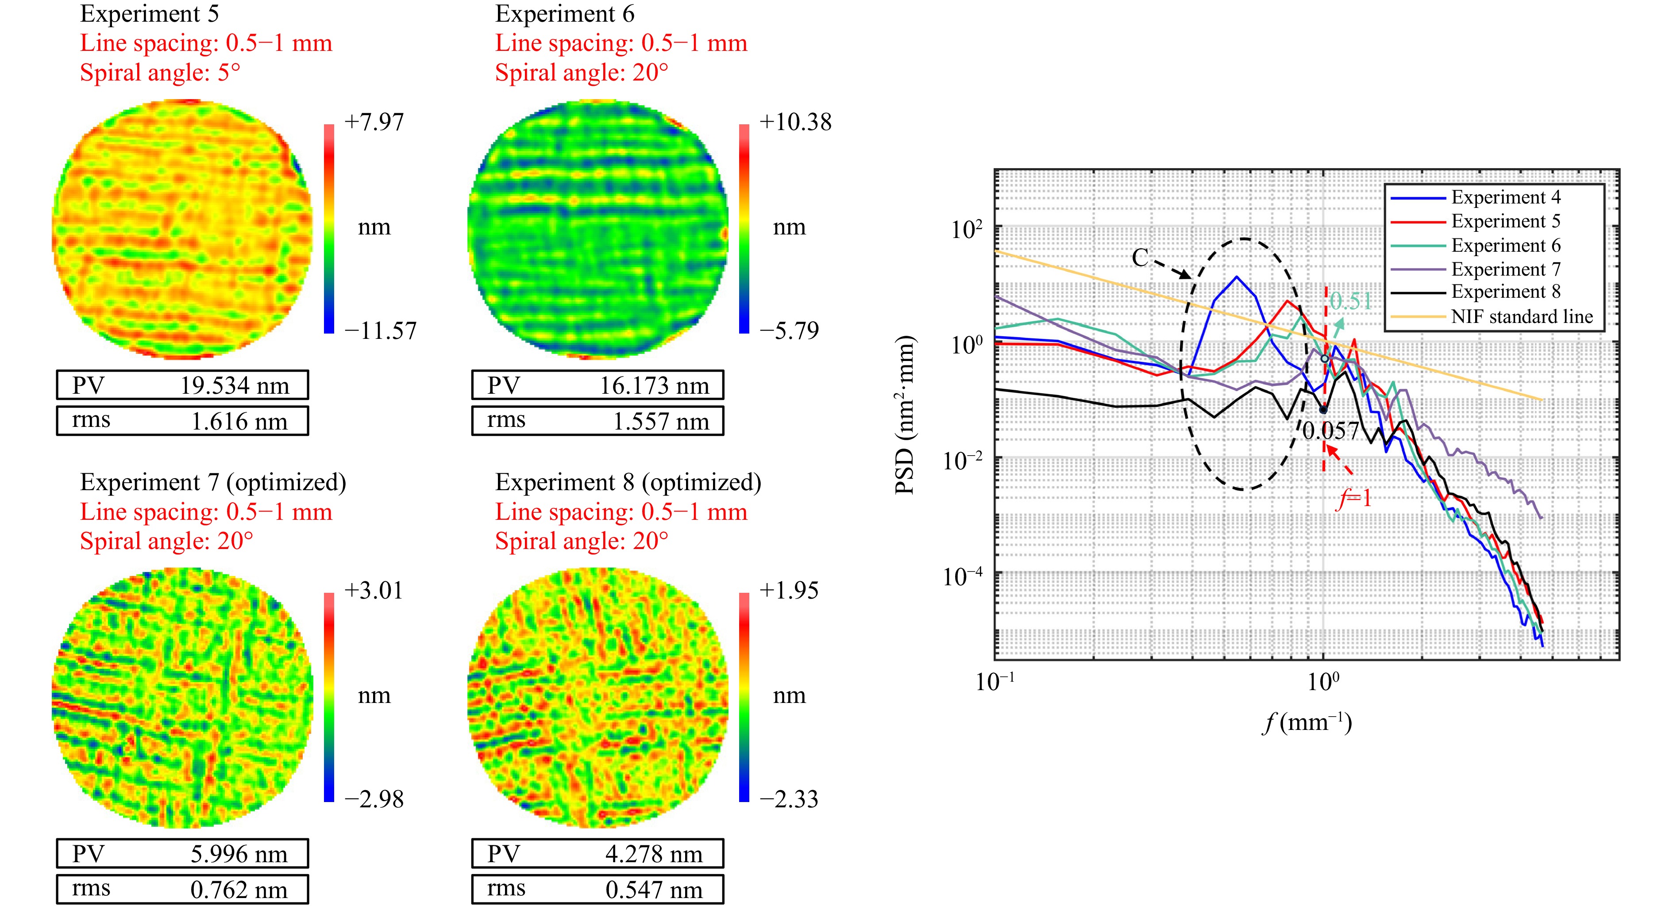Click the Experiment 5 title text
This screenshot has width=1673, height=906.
(x=150, y=14)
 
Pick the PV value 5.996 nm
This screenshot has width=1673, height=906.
(x=239, y=854)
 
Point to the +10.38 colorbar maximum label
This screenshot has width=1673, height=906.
(x=795, y=122)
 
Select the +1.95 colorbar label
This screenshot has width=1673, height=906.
(x=788, y=591)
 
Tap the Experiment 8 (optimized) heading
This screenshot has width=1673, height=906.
(x=628, y=483)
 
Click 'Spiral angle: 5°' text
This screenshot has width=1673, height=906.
(x=160, y=72)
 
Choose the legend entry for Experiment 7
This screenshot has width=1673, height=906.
(x=1505, y=269)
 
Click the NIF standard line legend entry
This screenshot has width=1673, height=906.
(x=1521, y=317)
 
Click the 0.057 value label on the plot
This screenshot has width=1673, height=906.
(x=1331, y=431)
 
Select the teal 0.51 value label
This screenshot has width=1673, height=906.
(x=1350, y=301)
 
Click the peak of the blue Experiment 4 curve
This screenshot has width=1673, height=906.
(x=1237, y=277)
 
